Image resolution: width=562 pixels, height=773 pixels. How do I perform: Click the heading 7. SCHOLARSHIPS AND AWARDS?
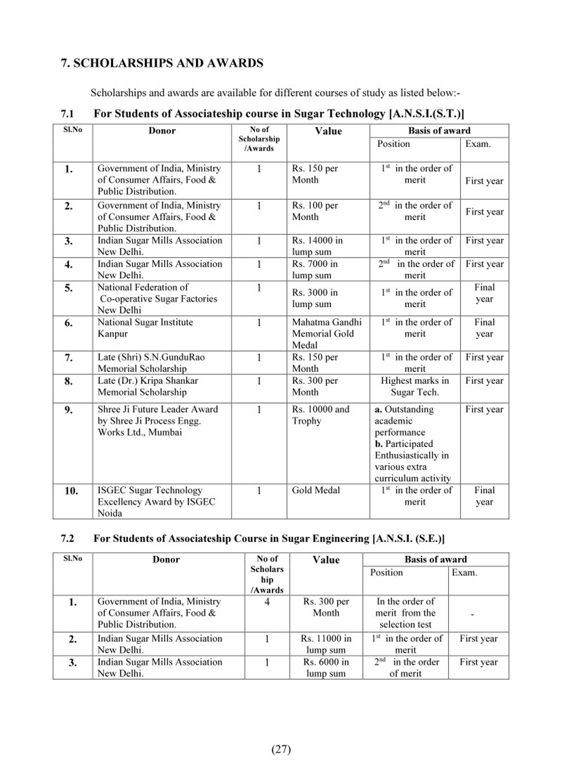pyautogui.click(x=162, y=63)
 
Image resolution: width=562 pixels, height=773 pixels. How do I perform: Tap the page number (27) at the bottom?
pyautogui.click(x=281, y=749)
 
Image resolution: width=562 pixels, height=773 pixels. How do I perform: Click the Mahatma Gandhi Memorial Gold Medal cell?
pyautogui.click(x=326, y=333)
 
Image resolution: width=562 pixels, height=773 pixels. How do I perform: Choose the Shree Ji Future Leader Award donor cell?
pyautogui.click(x=157, y=421)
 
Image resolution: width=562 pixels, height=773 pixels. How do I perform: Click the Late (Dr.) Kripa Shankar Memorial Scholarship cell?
pyautogui.click(x=148, y=386)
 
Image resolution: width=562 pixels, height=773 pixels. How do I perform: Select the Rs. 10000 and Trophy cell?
pyautogui.click(x=320, y=415)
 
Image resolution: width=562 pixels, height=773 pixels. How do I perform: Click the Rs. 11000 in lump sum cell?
pyautogui.click(x=326, y=644)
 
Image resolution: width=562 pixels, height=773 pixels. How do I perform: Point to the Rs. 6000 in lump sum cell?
pyautogui.click(x=326, y=667)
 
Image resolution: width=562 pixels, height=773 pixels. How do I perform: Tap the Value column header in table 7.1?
pyautogui.click(x=328, y=131)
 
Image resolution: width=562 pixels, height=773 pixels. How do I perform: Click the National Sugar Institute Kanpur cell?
pyautogui.click(x=145, y=327)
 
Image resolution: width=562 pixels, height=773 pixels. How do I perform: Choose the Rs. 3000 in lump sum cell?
pyautogui.click(x=314, y=298)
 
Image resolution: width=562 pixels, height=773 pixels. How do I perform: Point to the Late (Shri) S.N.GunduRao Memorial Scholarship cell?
pyautogui.click(x=151, y=363)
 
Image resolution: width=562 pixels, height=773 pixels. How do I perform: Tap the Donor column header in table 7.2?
pyautogui.click(x=166, y=560)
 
